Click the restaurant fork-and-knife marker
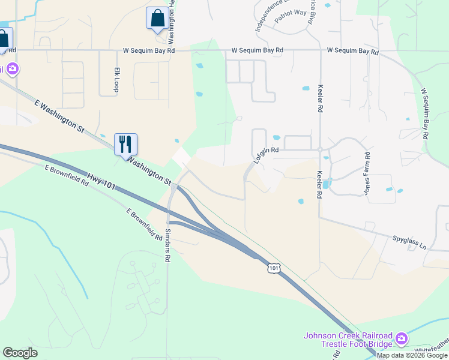[x=126, y=145]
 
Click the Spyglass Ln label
[x=409, y=242]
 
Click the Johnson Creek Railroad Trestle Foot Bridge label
[x=348, y=339]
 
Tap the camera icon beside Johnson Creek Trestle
[x=402, y=339]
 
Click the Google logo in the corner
[x=20, y=353]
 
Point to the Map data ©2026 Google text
[x=412, y=355]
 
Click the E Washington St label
[x=59, y=116]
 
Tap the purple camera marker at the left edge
[x=13, y=69]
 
